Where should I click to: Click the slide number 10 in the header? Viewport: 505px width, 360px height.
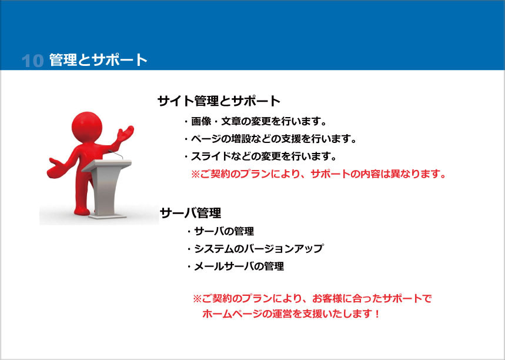coord(32,60)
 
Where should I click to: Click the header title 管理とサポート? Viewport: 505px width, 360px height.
coord(98,60)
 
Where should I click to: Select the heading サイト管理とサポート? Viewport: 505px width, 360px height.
coord(219,101)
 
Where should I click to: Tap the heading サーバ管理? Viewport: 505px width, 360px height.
coord(190,213)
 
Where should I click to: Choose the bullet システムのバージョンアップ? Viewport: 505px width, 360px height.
coord(255,249)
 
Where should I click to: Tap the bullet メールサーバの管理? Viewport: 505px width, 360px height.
coord(235,266)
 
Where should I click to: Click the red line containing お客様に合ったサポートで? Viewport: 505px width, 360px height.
coord(312,299)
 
